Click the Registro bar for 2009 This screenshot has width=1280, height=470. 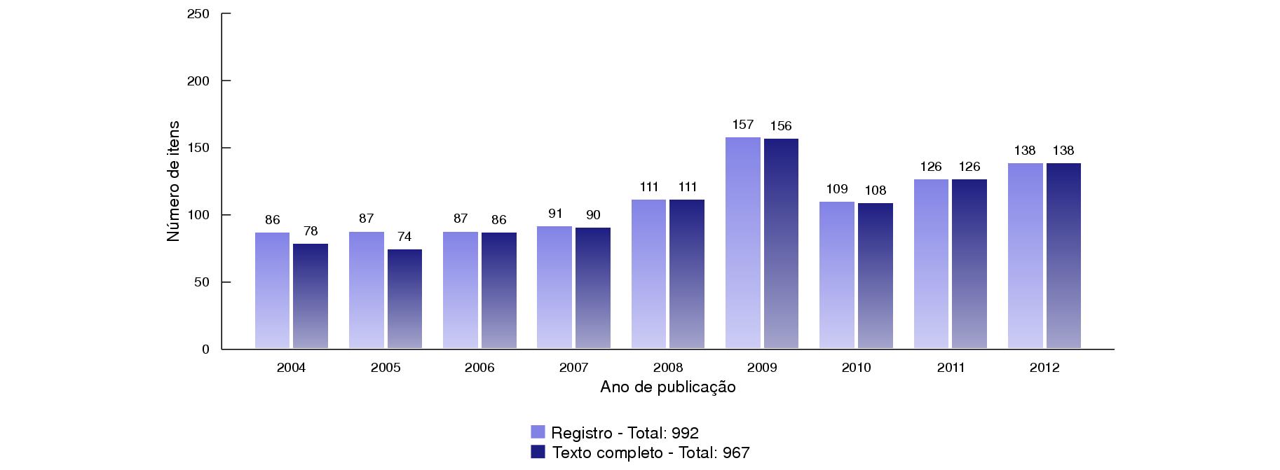tap(742, 242)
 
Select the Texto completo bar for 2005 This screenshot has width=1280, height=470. tap(404, 298)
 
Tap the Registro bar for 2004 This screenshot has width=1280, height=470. tap(272, 290)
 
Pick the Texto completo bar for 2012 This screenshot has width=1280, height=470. tap(1063, 256)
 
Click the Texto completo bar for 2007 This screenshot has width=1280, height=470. tap(592, 288)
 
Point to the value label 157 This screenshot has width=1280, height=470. tap(742, 125)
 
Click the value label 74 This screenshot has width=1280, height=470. tap(404, 237)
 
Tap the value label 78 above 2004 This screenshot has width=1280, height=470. tap(311, 231)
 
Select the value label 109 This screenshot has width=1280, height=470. tap(837, 189)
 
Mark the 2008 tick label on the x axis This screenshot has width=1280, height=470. tap(668, 368)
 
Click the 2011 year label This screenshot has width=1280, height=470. tap(951, 368)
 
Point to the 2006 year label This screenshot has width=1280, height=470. tap(479, 368)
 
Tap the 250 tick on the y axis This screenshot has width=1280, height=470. tap(199, 14)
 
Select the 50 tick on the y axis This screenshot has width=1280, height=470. tap(202, 282)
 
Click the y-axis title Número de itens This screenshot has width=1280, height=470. tap(173, 181)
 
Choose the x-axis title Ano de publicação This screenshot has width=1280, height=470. tap(668, 387)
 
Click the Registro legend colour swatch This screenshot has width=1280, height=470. tap(538, 432)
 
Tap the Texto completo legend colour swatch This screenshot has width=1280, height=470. tap(538, 452)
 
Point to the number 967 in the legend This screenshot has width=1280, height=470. tap(736, 453)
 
